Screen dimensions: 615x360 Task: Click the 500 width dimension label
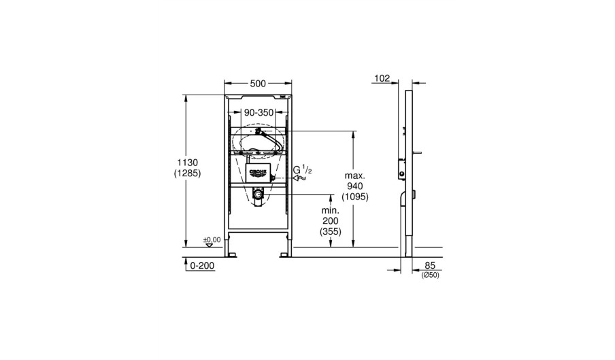tap(258, 84)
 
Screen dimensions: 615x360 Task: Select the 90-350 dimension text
tap(259, 113)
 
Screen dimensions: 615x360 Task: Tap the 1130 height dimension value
tap(188, 163)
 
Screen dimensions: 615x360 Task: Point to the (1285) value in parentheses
tap(188, 174)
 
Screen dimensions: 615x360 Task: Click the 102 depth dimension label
tap(382, 78)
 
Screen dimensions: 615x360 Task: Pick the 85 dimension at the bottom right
tap(430, 266)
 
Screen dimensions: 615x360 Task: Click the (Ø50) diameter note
tap(430, 276)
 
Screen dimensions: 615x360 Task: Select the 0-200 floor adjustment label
tap(202, 266)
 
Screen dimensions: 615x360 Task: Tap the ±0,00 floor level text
tap(212, 240)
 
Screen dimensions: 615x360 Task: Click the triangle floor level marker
tap(209, 245)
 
